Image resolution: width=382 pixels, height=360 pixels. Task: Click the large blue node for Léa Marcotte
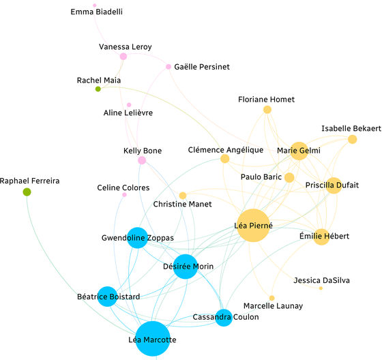click(153, 339)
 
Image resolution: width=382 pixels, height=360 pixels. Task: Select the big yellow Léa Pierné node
click(253, 225)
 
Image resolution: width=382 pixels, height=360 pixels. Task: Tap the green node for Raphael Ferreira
click(27, 192)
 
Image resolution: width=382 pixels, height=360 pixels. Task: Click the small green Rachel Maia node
click(98, 89)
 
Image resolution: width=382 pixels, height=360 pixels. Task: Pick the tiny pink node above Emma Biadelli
click(95, 5)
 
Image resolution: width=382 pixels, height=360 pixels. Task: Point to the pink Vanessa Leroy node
click(123, 57)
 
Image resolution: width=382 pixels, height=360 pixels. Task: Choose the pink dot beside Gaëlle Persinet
click(168, 67)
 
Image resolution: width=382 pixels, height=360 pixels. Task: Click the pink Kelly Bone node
click(142, 160)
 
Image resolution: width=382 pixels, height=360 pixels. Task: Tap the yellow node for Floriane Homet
click(267, 110)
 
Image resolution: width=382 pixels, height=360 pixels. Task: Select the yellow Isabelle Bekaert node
click(352, 139)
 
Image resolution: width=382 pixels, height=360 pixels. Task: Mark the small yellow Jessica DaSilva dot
click(321, 288)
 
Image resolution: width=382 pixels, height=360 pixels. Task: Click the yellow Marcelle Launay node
click(272, 298)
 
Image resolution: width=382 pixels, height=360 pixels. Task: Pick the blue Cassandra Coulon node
click(224, 318)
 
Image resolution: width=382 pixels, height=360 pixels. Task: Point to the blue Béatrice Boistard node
click(107, 297)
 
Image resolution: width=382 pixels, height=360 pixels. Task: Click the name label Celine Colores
click(123, 187)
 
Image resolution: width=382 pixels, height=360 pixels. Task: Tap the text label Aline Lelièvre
click(128, 112)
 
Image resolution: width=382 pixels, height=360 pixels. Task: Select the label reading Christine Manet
click(182, 204)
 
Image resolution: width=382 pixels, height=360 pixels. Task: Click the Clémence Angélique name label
click(226, 150)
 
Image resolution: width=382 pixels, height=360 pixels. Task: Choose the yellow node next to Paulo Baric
click(289, 177)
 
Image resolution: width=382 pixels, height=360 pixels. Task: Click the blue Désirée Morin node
click(186, 267)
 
